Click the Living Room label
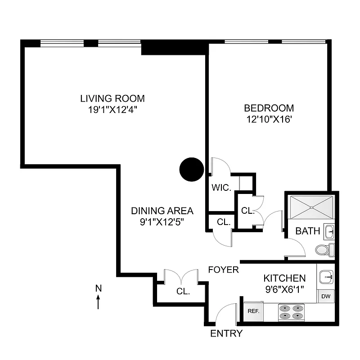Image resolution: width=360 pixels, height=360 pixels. click(x=112, y=98)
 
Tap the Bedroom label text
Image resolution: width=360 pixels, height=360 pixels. click(x=269, y=108)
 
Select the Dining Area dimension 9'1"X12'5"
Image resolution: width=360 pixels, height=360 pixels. click(x=162, y=222)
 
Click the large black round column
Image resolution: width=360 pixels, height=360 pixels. click(x=192, y=169)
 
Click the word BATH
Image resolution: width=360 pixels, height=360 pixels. click(x=307, y=231)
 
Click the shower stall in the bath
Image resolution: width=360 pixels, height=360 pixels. click(x=311, y=206)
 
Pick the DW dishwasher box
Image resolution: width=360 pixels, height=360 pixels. click(x=325, y=296)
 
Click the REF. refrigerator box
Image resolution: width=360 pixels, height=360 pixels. click(x=252, y=310)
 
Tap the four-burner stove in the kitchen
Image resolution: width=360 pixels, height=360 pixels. click(x=291, y=312)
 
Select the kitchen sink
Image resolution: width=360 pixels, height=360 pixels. click(x=325, y=277)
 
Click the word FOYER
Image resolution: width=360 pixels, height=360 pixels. click(x=223, y=270)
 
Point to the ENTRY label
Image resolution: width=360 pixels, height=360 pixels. click(x=227, y=333)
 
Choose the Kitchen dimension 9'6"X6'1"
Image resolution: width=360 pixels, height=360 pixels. click(x=284, y=290)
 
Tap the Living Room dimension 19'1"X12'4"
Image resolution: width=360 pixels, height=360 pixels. click(x=112, y=109)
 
